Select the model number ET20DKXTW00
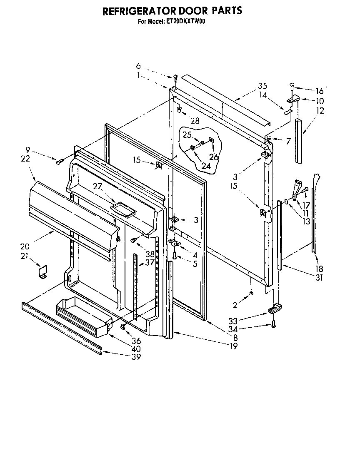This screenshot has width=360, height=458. [x=186, y=22]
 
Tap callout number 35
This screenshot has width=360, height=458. [x=262, y=87]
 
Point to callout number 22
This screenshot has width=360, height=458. [x=25, y=158]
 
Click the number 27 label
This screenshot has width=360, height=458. [x=97, y=187]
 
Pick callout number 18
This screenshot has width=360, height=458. [x=320, y=269]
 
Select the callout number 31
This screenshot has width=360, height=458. [x=320, y=278]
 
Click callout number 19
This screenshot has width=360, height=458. [x=233, y=346]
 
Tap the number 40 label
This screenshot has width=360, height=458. [x=136, y=349]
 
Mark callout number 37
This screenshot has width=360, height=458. [x=150, y=262]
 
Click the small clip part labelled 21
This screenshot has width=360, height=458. [x=42, y=273]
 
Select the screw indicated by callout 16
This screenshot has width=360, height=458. [x=292, y=87]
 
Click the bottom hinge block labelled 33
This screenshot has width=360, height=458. [x=273, y=309]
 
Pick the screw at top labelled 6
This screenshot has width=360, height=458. [x=175, y=77]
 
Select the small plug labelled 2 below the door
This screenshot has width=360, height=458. [x=250, y=294]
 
